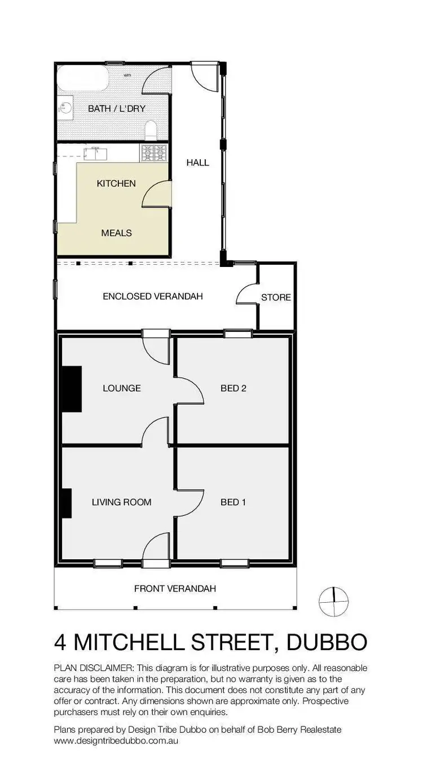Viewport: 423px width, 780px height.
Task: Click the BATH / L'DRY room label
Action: coord(116,108)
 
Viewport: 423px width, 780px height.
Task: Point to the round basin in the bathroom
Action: coord(66,107)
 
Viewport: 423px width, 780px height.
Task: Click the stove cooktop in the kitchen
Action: coord(154,152)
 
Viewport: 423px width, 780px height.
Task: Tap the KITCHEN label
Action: coord(116,183)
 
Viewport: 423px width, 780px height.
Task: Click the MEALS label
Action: coord(116,233)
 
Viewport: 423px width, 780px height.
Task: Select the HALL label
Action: coord(197,163)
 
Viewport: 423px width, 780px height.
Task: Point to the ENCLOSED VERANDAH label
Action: coord(152,296)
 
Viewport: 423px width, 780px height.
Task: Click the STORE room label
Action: coord(276,297)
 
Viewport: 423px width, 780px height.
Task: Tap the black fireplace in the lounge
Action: coord(72,389)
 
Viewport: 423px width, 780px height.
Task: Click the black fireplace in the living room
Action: coord(67,503)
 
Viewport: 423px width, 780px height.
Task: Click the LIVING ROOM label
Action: coord(121,502)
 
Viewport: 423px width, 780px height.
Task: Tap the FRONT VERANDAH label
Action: coord(175,589)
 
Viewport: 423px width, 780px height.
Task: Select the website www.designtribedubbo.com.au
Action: coord(116,740)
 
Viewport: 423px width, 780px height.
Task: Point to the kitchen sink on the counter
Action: coord(94,152)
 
